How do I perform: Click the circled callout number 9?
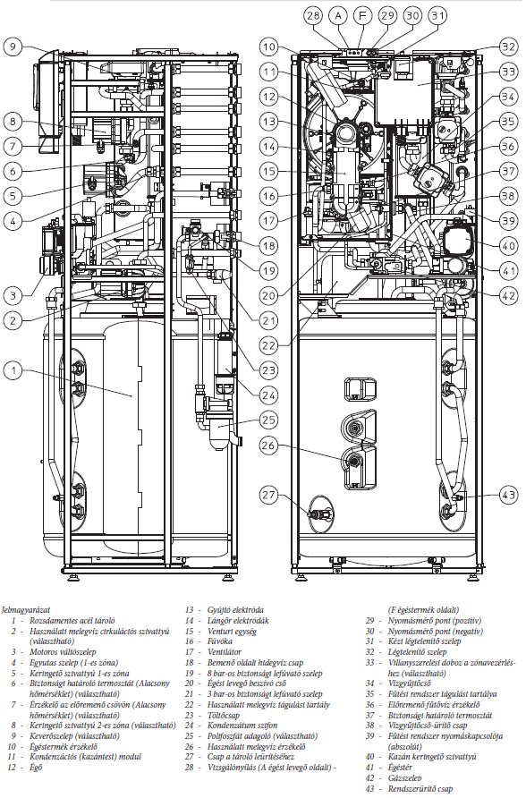(13, 47)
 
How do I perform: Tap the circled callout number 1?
(13, 370)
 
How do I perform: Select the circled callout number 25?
(269, 420)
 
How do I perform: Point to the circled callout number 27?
(269, 495)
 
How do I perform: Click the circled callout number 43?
(509, 495)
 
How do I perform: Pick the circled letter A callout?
(338, 15)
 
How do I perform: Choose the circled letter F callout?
(362, 15)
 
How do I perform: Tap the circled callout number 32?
(509, 47)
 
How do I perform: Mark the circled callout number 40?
(509, 246)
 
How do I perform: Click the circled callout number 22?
(269, 345)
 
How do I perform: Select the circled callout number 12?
(269, 97)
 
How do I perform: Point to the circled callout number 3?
(13, 295)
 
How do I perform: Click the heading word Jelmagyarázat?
(26, 609)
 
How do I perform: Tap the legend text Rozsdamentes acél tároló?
(72, 620)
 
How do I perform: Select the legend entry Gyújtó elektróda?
(235, 610)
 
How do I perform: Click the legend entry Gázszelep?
(405, 777)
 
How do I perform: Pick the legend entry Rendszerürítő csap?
(420, 789)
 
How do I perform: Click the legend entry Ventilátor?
(225, 651)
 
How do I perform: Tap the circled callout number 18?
(269, 246)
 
